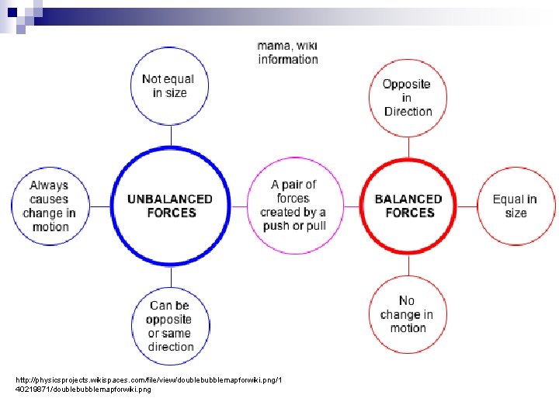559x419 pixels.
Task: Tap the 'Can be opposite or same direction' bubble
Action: pyautogui.click(x=170, y=326)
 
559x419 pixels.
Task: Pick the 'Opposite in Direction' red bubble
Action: pyautogui.click(x=407, y=97)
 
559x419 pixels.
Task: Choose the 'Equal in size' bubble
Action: pyautogui.click(x=515, y=206)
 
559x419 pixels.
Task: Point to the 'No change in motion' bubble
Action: pyautogui.click(x=408, y=314)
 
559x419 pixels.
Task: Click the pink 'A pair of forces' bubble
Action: pyautogui.click(x=293, y=206)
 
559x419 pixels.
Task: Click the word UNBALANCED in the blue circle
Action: pyautogui.click(x=170, y=199)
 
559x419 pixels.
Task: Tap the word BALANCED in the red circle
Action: pyautogui.click(x=408, y=199)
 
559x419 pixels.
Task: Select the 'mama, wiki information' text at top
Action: pyautogui.click(x=288, y=52)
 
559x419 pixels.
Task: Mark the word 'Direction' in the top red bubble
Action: pyautogui.click(x=408, y=112)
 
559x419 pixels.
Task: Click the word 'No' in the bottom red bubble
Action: pyautogui.click(x=408, y=300)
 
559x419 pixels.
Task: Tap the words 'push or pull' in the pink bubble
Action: pyautogui.click(x=294, y=226)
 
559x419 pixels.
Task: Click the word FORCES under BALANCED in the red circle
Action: pyautogui.click(x=408, y=213)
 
